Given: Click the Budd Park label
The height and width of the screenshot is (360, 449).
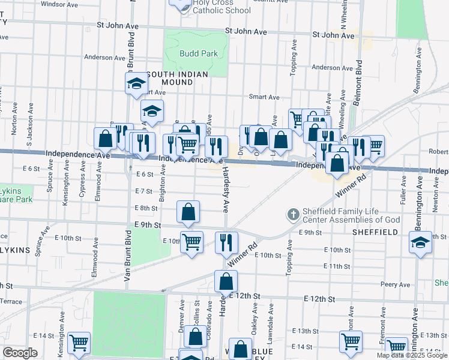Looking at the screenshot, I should point(198,53).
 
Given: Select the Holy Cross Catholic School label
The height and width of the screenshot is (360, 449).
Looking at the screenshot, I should point(213,7).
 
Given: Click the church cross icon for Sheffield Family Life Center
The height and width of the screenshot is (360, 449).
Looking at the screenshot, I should point(293,214).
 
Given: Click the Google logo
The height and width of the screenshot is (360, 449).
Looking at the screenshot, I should point(20,353).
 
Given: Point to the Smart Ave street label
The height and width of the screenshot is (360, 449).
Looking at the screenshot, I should point(265,97).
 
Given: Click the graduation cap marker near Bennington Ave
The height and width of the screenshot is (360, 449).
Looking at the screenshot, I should point(420,243).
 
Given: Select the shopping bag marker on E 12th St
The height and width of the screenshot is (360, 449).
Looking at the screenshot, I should point(226,281).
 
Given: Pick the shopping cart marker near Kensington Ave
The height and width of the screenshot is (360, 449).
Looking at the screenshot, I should point(79,343).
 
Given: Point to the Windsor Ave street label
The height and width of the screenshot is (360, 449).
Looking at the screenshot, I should point(61,4).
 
